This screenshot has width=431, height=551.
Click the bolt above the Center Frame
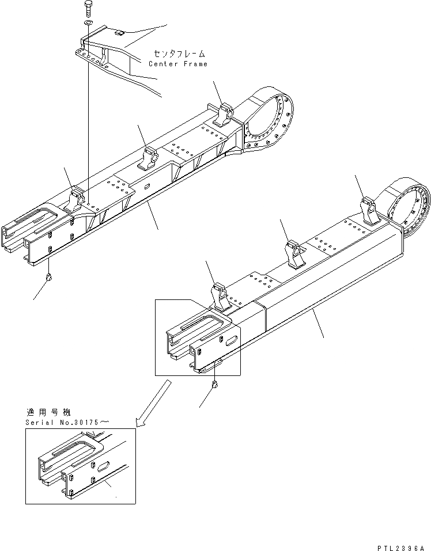click(87, 9)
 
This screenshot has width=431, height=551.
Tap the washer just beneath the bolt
click(87, 23)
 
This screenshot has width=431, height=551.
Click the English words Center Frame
click(178, 64)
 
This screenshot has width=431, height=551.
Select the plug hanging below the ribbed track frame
click(50, 278)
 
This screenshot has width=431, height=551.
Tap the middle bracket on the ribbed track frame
click(152, 156)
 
